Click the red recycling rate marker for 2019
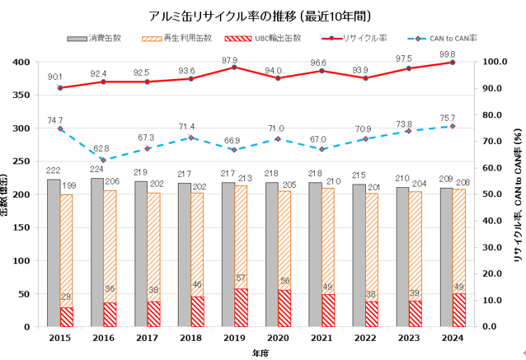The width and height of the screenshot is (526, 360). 234,68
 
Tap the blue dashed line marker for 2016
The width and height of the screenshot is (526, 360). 104,160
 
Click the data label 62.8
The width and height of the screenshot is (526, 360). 101,148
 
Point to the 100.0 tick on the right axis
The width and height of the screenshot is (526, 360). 495,62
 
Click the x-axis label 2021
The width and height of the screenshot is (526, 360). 322,338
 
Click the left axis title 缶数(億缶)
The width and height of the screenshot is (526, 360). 7,194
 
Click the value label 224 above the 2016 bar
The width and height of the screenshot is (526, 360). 97,169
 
